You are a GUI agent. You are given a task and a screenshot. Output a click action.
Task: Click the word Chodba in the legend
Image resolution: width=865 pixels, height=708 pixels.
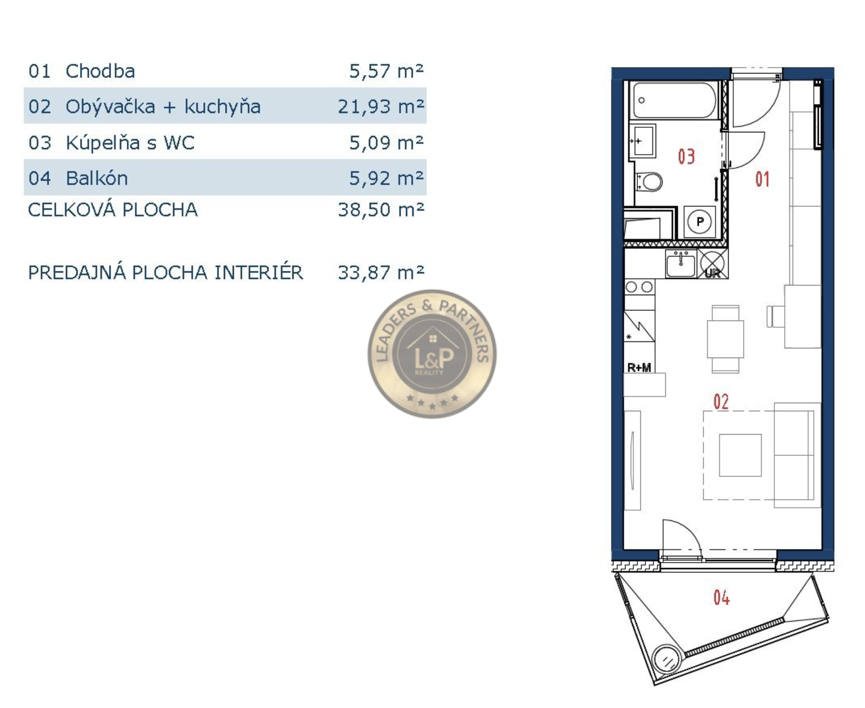pos(100,71)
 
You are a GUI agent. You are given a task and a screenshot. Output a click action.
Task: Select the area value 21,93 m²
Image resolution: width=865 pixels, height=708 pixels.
pos(381,107)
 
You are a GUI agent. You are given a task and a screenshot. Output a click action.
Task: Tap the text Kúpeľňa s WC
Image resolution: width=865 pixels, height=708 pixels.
pos(130,143)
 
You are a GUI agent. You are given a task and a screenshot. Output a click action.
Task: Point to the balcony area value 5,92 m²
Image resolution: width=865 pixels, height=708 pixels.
pos(386,178)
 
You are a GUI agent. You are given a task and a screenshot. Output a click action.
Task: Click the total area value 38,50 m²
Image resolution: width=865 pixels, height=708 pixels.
pos(381,209)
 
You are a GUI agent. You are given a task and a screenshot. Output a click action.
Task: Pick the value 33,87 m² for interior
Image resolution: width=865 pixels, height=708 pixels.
pos(381,272)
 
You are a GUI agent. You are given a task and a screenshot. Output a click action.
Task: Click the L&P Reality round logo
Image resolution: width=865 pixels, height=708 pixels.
pos(432,354)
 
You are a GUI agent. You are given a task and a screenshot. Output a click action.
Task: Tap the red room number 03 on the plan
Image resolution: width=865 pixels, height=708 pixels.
pos(687,156)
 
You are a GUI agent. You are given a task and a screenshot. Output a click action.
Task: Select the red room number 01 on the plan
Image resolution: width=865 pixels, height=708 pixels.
pos(762,179)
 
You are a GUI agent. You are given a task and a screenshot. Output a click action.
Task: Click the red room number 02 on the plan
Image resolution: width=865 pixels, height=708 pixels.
pos(721,402)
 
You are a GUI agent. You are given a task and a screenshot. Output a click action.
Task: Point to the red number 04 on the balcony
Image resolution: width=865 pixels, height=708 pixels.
pos(721,597)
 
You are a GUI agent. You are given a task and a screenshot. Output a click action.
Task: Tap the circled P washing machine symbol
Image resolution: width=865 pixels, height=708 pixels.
pos(700,222)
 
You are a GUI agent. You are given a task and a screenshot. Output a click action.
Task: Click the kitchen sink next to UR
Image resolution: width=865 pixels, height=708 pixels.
pos(680,264)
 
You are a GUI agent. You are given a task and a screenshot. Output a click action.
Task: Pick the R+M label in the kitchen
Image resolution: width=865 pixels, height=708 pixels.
pos(639,367)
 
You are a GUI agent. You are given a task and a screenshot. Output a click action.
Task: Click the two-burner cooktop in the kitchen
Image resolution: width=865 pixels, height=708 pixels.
pos(639,287)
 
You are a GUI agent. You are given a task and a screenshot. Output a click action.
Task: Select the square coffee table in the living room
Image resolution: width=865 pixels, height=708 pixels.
pos(740,455)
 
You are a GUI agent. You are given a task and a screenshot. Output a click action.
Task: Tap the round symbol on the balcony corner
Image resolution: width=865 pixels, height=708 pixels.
pos(668,660)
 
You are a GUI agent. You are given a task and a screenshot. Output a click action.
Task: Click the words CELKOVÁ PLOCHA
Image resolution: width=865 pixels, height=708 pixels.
pos(113,209)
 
